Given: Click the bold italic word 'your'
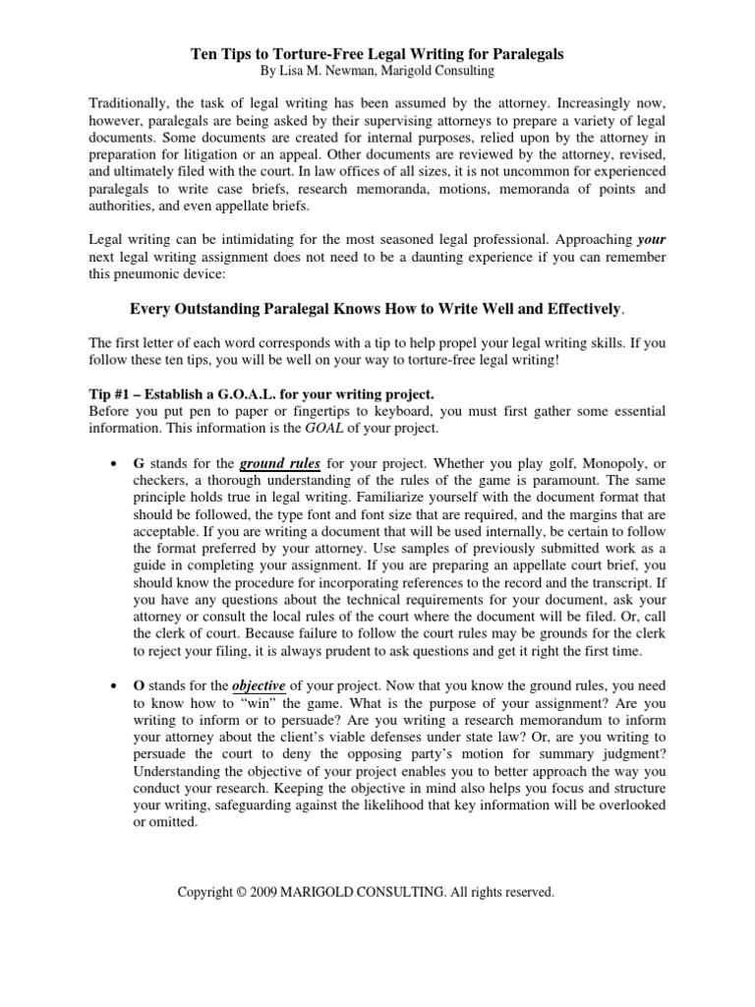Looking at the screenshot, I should (x=652, y=239).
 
